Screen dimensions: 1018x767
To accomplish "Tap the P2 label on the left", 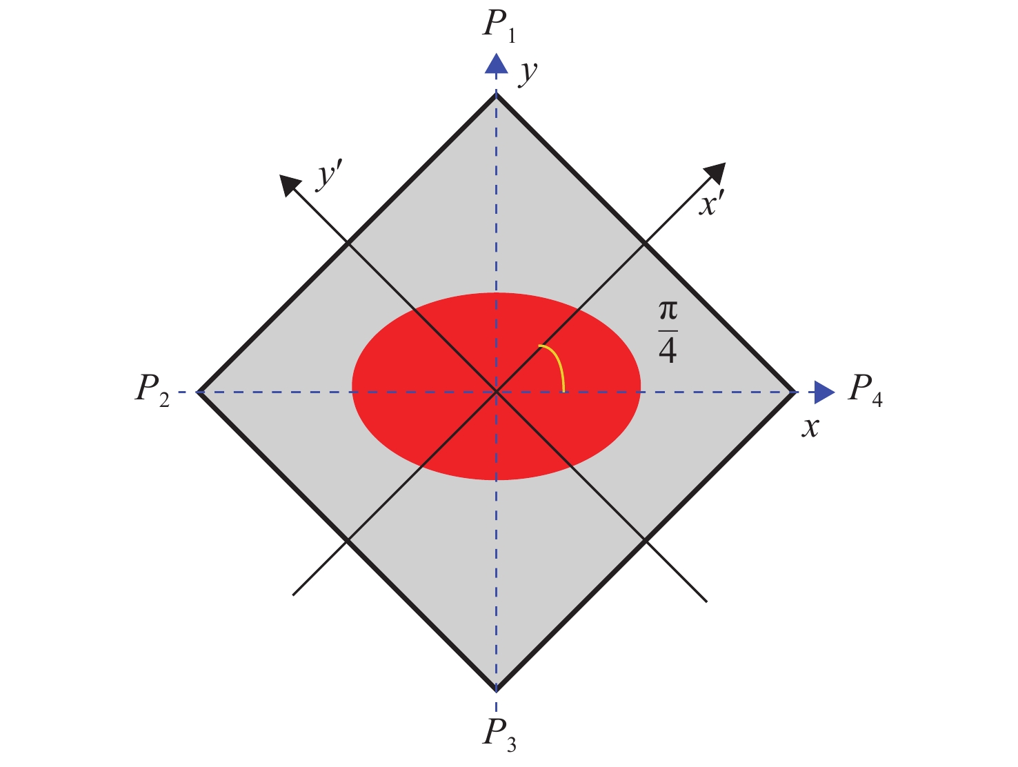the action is [x=152, y=391].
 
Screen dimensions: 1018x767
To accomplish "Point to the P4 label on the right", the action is [x=865, y=390].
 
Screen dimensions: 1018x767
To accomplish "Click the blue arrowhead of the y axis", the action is [x=497, y=64].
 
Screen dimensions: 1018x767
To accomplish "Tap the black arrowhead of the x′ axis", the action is [x=716, y=172].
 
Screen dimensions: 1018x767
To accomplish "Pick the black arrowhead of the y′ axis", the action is [x=290, y=184].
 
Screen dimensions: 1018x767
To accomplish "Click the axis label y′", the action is [x=330, y=175].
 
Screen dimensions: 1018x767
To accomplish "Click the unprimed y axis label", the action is [x=528, y=73].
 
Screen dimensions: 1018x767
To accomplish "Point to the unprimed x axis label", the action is [x=810, y=427].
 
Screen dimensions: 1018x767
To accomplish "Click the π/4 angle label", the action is [x=668, y=332].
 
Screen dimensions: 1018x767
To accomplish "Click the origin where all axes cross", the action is [x=497, y=392].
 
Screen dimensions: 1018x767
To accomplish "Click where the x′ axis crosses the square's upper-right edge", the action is [x=645, y=243].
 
